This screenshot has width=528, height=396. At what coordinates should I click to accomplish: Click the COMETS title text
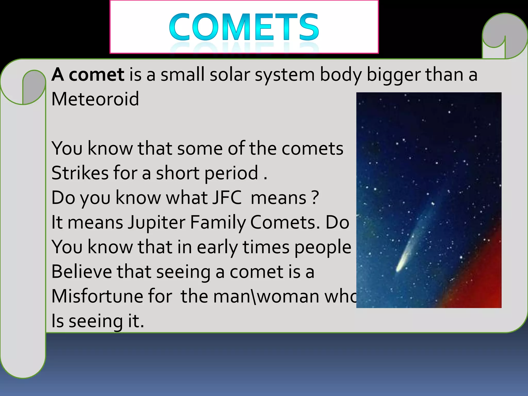tap(244, 27)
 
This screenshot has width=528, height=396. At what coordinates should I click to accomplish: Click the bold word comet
tap(96, 75)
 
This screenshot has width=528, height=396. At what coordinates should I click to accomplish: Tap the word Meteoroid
tap(95, 99)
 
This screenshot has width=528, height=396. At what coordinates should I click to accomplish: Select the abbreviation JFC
tap(227, 198)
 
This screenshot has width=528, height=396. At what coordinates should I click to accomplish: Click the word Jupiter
tap(157, 222)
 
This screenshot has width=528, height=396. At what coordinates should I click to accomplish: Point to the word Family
tap(218, 222)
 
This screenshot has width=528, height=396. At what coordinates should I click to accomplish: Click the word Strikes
tap(80, 173)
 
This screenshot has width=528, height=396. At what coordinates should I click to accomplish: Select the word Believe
tap(81, 272)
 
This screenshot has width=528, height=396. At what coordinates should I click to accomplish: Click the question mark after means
tap(315, 198)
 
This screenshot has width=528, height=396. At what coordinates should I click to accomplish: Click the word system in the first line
tap(285, 75)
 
